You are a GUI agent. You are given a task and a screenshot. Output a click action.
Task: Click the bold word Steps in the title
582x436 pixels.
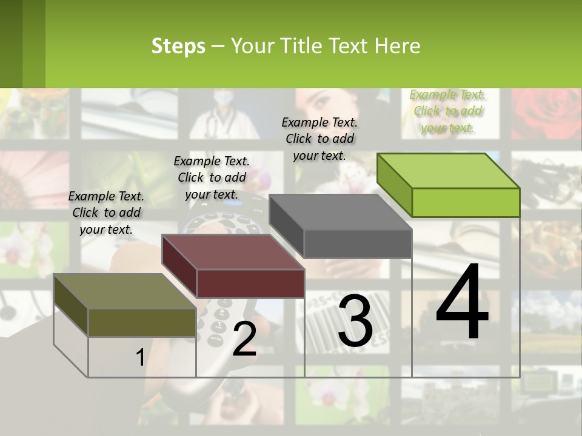(x=178, y=46)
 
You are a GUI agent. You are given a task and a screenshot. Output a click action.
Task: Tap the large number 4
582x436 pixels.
(x=462, y=303)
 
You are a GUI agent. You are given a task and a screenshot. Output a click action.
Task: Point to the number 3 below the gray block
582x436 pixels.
(x=355, y=320)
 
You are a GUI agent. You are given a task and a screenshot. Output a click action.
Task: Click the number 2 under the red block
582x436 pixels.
(x=244, y=339)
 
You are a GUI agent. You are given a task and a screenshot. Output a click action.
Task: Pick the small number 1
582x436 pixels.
(x=140, y=358)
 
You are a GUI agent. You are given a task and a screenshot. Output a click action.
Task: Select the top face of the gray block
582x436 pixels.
(x=341, y=213)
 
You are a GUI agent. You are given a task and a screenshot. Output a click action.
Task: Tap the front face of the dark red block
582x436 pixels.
(x=250, y=283)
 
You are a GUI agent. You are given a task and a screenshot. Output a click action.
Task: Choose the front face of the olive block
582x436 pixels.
(x=142, y=323)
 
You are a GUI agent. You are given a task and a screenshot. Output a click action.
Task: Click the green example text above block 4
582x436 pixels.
(x=447, y=111)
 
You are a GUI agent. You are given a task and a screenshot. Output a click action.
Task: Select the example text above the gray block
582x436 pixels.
(x=319, y=139)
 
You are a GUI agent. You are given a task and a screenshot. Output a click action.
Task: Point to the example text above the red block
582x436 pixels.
(x=212, y=177)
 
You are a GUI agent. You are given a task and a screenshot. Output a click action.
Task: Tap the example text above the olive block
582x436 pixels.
(x=106, y=213)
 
